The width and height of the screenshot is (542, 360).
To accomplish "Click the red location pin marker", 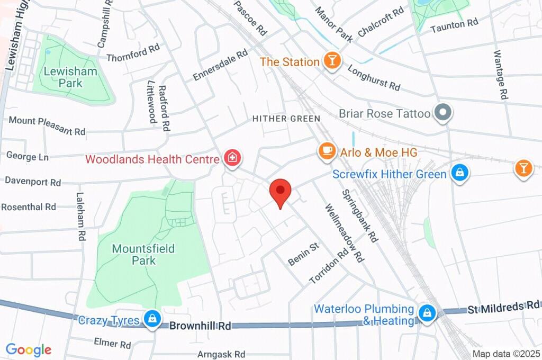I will (280, 192).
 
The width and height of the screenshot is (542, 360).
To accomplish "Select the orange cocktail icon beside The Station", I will (332, 61).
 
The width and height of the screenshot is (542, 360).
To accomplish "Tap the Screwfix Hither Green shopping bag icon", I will (459, 173).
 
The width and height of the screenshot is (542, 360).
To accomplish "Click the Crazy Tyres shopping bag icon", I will (152, 319).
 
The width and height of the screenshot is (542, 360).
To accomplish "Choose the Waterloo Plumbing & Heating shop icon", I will (426, 313).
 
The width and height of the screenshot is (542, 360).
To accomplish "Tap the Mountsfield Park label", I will (143, 254).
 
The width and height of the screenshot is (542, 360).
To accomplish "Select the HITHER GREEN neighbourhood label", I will (286, 119).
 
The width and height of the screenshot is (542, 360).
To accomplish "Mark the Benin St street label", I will (303, 254).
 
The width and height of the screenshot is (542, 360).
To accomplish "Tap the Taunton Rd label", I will (454, 24).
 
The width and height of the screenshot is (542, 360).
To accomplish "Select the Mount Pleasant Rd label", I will (47, 125).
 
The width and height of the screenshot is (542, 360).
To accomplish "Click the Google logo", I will (29, 349).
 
